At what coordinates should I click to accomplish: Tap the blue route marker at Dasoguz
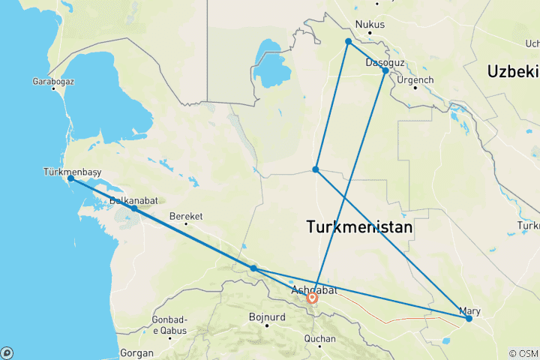coord(385,70)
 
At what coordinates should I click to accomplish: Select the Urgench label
coord(415,79)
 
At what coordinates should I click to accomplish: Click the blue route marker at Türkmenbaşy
coord(70,178)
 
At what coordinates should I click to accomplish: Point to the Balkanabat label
coord(133,201)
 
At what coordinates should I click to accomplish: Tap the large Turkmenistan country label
coord(359,226)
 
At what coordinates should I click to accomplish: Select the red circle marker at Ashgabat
coord(312,298)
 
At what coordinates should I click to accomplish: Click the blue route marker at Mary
coord(469,319)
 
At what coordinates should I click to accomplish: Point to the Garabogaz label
coord(51,81)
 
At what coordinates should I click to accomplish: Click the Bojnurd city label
coord(268,316)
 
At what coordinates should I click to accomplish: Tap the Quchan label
coord(320,339)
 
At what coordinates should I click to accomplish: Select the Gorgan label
coord(136,352)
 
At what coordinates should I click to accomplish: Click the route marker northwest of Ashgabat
coord(254,268)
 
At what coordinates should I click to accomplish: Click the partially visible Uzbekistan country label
coord(513,71)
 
